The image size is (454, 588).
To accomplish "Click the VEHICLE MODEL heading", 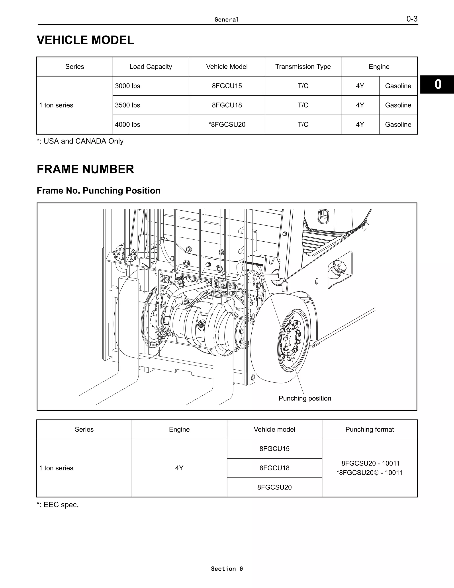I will pyautogui.click(x=85, y=40).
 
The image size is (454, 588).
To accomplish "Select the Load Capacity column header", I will pyautogui.click(x=151, y=67).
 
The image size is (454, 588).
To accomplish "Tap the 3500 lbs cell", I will pyautogui.click(x=127, y=105).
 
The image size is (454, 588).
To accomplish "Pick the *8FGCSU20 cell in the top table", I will pyautogui.click(x=227, y=125).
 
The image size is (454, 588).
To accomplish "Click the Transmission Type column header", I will pyautogui.click(x=303, y=67).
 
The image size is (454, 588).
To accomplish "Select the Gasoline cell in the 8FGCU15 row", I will pyautogui.click(x=398, y=86).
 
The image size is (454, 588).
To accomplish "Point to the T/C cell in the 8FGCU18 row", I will pyautogui.click(x=303, y=105).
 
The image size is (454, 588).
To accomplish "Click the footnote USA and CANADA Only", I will pyautogui.click(x=80, y=141).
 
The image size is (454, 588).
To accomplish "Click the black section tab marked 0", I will pyautogui.click(x=438, y=85).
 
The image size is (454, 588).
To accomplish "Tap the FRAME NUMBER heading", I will pyautogui.click(x=85, y=169).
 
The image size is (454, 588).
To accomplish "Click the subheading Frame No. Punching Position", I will pyautogui.click(x=98, y=191).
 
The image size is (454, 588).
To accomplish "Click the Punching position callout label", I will pyautogui.click(x=305, y=398).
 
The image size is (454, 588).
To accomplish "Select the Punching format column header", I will pyautogui.click(x=370, y=429).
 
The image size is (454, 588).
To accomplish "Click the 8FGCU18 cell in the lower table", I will pyautogui.click(x=274, y=468).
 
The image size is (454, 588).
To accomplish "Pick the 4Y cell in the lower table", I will pyautogui.click(x=179, y=468).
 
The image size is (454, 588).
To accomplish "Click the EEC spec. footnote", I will pyautogui.click(x=58, y=505).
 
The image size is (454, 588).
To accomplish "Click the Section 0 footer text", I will pyautogui.click(x=227, y=569).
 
